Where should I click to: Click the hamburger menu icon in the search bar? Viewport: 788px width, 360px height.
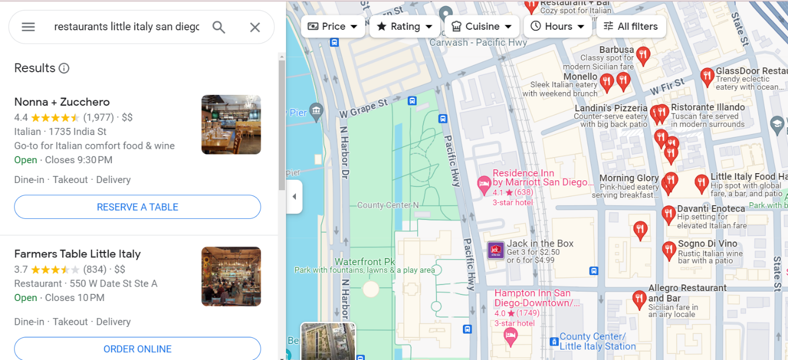pyautogui.click(x=28, y=27)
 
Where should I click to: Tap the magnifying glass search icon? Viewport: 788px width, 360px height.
pyautogui.click(x=219, y=27)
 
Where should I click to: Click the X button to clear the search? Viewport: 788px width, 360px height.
pyautogui.click(x=255, y=27)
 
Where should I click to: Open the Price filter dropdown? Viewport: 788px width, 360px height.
pyautogui.click(x=333, y=26)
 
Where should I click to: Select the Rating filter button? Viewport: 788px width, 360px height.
pyautogui.click(x=404, y=26)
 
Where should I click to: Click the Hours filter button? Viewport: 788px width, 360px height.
pyautogui.click(x=558, y=26)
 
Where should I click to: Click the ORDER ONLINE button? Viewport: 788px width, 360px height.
pyautogui.click(x=137, y=349)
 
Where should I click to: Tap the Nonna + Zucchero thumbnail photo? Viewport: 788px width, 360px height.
pyautogui.click(x=231, y=125)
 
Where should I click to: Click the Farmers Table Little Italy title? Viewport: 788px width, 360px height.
pyautogui.click(x=78, y=254)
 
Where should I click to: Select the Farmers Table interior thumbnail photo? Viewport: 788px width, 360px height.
pyautogui.click(x=231, y=276)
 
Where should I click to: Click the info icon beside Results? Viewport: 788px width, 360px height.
pyautogui.click(x=64, y=68)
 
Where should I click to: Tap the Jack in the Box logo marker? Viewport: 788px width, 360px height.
pyautogui.click(x=495, y=250)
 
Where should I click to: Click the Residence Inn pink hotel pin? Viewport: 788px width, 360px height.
pyautogui.click(x=484, y=185)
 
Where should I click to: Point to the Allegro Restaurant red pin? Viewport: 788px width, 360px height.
pyautogui.click(x=639, y=299)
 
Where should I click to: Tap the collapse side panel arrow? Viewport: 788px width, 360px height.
pyautogui.click(x=294, y=196)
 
